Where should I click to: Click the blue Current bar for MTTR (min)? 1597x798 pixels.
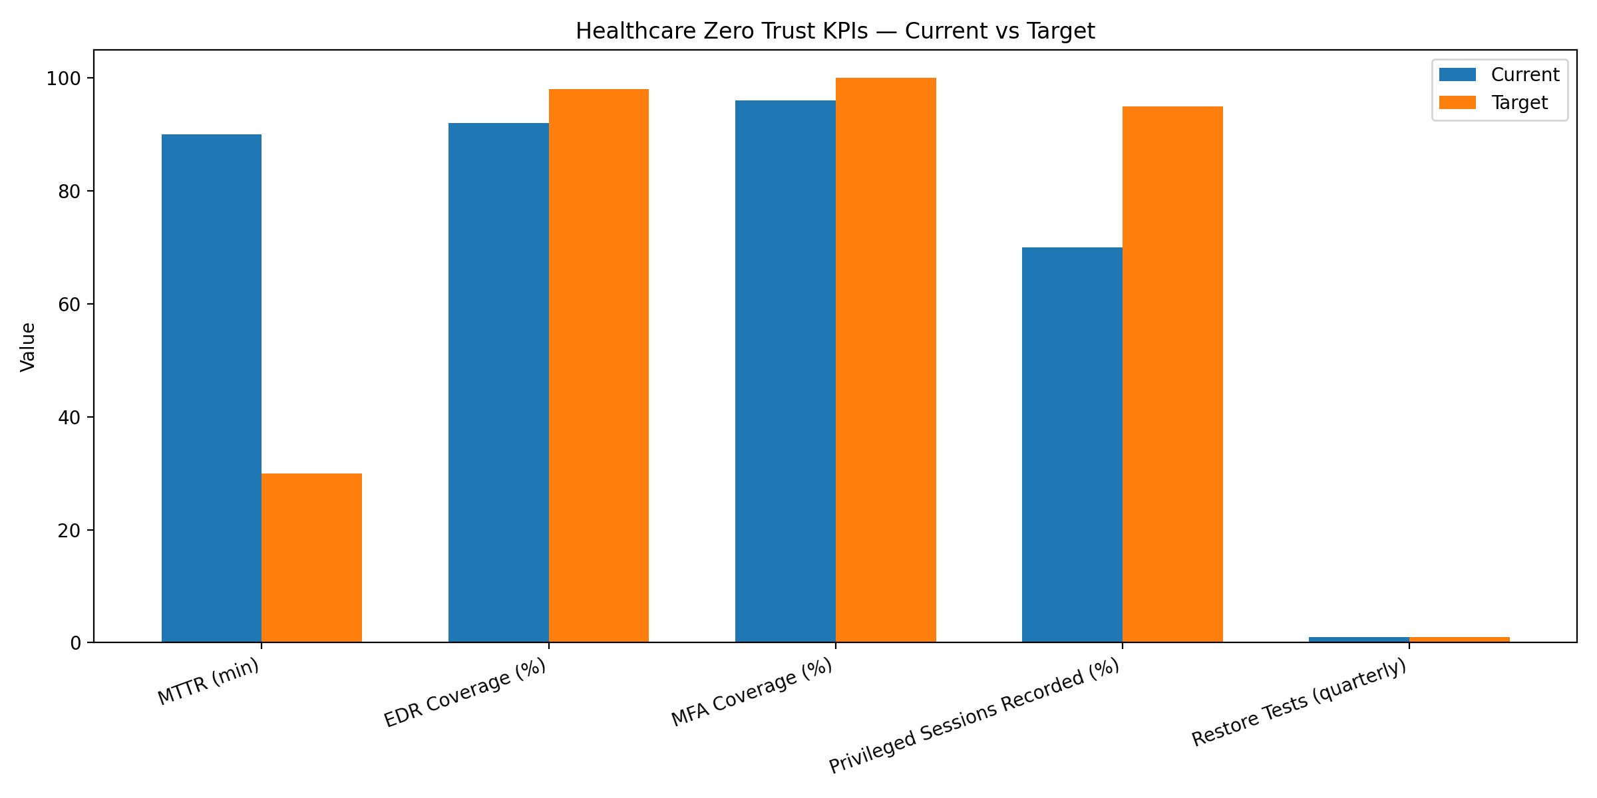click(x=212, y=388)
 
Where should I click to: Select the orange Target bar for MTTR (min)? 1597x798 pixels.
click(x=311, y=558)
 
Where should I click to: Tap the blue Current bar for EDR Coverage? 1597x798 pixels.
click(x=498, y=382)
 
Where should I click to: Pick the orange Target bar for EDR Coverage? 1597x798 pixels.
click(x=599, y=366)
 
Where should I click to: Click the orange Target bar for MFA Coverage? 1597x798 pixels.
click(x=886, y=360)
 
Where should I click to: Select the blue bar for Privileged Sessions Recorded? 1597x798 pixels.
click(x=1072, y=445)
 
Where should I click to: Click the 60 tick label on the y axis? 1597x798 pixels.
click(x=69, y=305)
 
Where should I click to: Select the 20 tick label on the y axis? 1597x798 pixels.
click(x=69, y=531)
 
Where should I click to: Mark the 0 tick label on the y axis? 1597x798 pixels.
click(x=76, y=644)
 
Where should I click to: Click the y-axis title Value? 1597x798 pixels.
click(x=28, y=346)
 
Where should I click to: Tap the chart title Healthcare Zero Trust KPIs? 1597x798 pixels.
click(x=835, y=31)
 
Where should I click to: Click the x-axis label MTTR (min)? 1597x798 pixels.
click(x=208, y=682)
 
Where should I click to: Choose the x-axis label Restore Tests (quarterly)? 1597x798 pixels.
click(x=1299, y=702)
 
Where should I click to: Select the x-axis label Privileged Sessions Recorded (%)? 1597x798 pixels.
click(x=974, y=716)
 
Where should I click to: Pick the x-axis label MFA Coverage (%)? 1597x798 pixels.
click(x=751, y=693)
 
